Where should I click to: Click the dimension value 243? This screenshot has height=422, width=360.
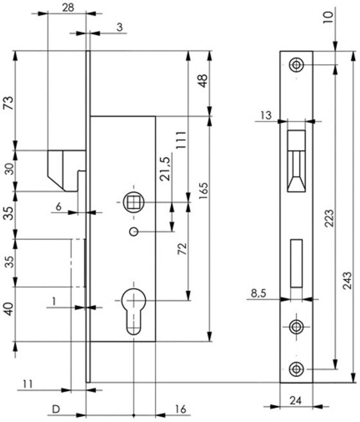[347, 280]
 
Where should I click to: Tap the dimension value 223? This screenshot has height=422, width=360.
[329, 218]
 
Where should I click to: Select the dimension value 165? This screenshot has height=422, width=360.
[204, 191]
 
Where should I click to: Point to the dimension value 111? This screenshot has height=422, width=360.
[181, 140]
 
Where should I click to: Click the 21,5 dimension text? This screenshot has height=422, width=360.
[165, 169]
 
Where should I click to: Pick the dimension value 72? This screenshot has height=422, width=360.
[183, 249]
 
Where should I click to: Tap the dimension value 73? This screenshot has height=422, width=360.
[8, 103]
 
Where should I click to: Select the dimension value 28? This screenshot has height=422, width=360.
[68, 8]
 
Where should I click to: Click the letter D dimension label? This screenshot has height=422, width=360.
[56, 409]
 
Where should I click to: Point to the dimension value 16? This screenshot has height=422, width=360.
[181, 409]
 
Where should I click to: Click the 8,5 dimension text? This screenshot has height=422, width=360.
[258, 293]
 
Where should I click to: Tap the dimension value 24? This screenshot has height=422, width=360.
[296, 401]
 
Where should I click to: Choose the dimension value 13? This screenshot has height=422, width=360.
[266, 116]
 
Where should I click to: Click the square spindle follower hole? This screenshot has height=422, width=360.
[134, 202]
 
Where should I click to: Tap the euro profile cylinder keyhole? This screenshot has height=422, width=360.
[134, 311]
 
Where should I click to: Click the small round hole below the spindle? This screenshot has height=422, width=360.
[134, 232]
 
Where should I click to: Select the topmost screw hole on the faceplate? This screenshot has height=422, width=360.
[296, 65]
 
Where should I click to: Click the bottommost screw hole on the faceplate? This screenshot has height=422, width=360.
[296, 369]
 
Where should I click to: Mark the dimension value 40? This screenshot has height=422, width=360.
[9, 309]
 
